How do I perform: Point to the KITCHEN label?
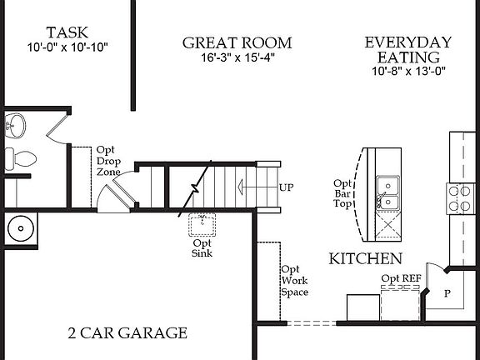click(366, 259)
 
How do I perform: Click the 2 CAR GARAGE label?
click(127, 333)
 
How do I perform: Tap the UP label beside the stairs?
click(287, 187)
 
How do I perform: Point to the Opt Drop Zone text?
click(108, 161)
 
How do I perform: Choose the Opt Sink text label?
click(202, 247)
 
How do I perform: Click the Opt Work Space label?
click(293, 281)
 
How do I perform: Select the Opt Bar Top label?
click(343, 194)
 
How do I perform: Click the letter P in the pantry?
click(447, 293)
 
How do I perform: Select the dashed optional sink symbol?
click(201, 223)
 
